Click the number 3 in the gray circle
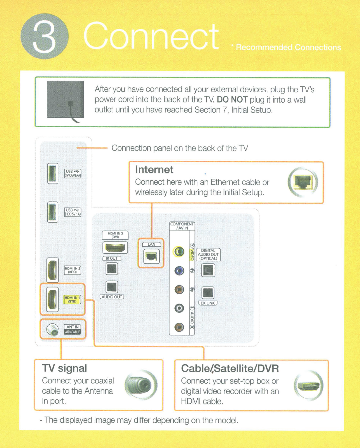(x=44, y=37)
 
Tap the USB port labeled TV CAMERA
(x=53, y=173)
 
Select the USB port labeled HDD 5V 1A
(x=53, y=212)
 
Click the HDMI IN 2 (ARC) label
(x=72, y=270)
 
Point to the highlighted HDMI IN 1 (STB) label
(x=72, y=300)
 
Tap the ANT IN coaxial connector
(x=52, y=330)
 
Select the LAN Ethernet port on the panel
(x=151, y=257)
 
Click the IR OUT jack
(x=112, y=269)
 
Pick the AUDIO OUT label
(x=112, y=297)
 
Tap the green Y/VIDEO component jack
(x=179, y=252)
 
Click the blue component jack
(x=179, y=270)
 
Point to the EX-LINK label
(x=208, y=303)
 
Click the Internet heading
(x=154, y=170)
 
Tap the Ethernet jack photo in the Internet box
(x=303, y=182)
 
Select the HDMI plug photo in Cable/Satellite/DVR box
(x=308, y=385)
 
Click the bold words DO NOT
(x=232, y=100)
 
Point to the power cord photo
(x=66, y=100)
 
